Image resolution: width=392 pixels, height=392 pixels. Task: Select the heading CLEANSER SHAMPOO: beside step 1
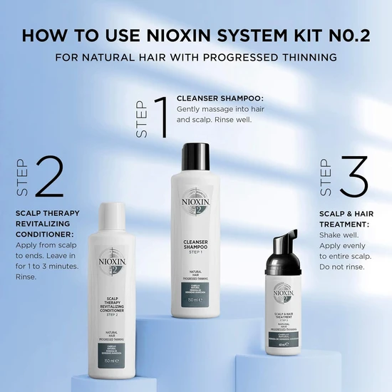tap(220, 97)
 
